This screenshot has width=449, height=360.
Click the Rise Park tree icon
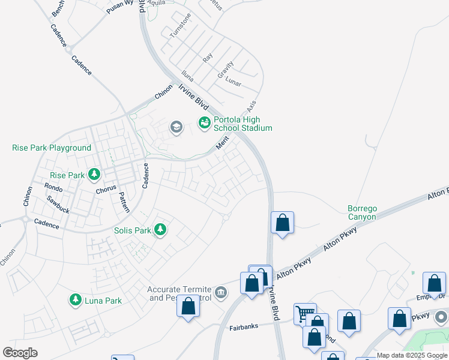click(x=94, y=175)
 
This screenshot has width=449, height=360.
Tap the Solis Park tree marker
click(x=160, y=230)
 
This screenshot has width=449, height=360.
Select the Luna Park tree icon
click(x=76, y=300)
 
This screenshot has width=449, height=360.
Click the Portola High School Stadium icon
click(x=204, y=122)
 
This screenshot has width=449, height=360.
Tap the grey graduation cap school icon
click(x=176, y=127)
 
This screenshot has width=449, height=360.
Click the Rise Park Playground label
click(x=52, y=148)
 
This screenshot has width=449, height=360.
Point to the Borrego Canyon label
click(x=362, y=212)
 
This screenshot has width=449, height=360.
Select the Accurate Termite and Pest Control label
click(x=180, y=293)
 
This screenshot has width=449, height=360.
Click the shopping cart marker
click(x=305, y=313)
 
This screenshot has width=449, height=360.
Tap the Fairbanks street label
click(x=244, y=328)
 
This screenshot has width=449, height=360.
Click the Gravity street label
click(x=225, y=70)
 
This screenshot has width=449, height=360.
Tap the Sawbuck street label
click(x=58, y=207)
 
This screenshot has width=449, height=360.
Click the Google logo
click(x=20, y=352)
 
